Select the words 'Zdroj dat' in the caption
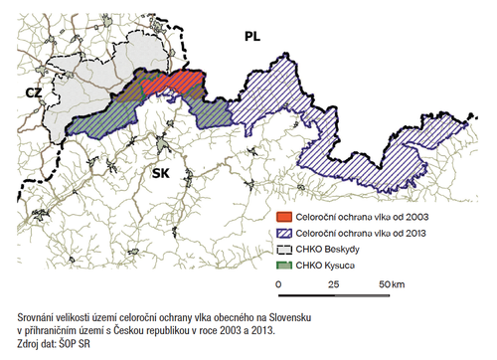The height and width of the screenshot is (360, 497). pyautogui.click(x=38, y=341)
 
